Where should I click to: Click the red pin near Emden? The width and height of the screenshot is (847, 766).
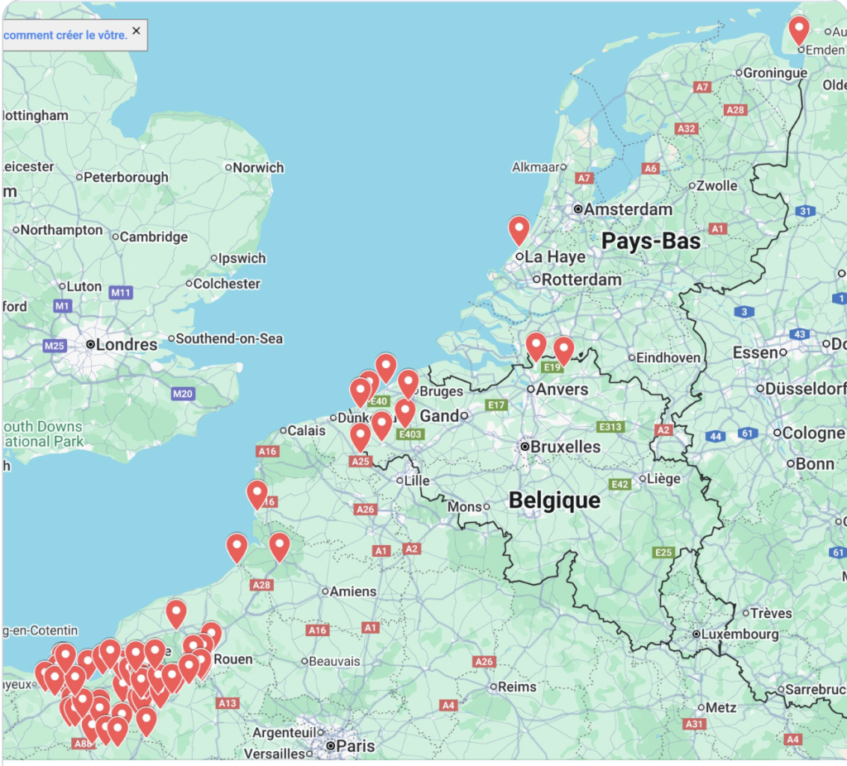pyautogui.click(x=798, y=31)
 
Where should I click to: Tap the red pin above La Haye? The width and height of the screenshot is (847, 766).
pyautogui.click(x=519, y=230)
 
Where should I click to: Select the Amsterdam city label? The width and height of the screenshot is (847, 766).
pyautogui.click(x=628, y=209)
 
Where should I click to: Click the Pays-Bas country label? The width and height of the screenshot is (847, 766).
pyautogui.click(x=651, y=242)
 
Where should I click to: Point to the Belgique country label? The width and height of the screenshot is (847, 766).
pyautogui.click(x=554, y=500)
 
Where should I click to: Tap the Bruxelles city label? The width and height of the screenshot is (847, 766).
pyautogui.click(x=567, y=447)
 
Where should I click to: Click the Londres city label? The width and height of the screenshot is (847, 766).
pyautogui.click(x=127, y=344)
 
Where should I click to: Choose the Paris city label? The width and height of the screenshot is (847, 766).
pyautogui.click(x=356, y=746)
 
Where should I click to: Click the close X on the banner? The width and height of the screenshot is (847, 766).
pyautogui.click(x=136, y=31)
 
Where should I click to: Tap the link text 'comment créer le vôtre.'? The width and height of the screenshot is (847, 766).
pyautogui.click(x=65, y=35)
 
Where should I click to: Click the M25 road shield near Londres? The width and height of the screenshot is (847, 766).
pyautogui.click(x=55, y=345)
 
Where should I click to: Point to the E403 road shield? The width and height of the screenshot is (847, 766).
pyautogui.click(x=409, y=434)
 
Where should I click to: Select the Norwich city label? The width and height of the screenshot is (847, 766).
pyautogui.click(x=258, y=167)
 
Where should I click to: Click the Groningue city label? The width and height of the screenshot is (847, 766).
pyautogui.click(x=775, y=73)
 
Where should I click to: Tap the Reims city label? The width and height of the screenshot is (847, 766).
pyautogui.click(x=517, y=687)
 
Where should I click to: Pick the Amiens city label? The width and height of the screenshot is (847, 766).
pyautogui.click(x=352, y=591)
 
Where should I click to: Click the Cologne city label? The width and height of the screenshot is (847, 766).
pyautogui.click(x=813, y=433)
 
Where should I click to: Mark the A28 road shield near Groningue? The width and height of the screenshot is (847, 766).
pyautogui.click(x=735, y=110)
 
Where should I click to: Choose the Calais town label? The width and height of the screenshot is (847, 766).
pyautogui.click(x=307, y=430)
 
